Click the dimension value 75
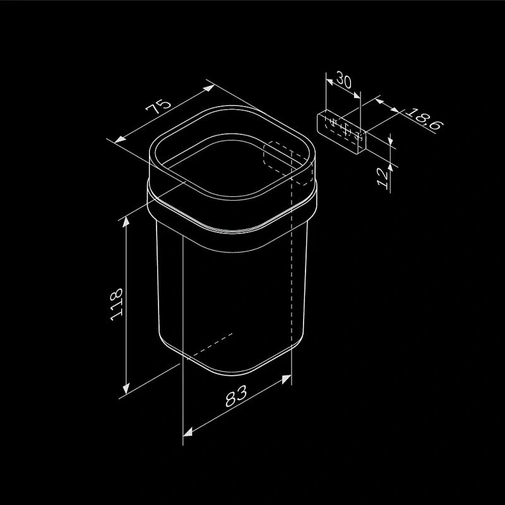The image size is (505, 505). (x=158, y=105)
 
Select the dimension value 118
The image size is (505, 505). (x=116, y=304)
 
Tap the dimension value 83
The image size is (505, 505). (x=235, y=396)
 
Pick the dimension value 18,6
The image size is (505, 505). (x=424, y=119)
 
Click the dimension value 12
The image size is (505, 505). (x=383, y=177)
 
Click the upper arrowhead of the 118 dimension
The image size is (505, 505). (x=126, y=222)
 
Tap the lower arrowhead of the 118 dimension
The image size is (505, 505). (x=126, y=388)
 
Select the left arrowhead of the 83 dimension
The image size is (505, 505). (x=187, y=432)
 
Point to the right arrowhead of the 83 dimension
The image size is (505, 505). (x=287, y=379)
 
